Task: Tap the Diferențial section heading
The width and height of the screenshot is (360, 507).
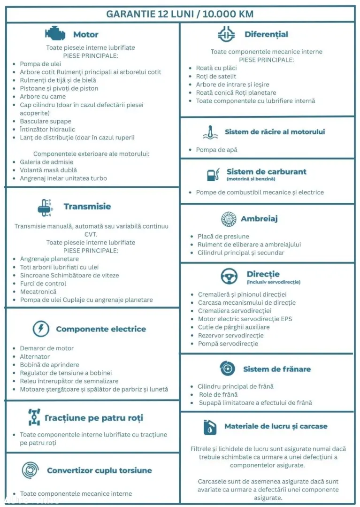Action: pyautogui.click(x=266, y=34)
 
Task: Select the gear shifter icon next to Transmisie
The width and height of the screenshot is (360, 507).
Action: pyautogui.click(x=45, y=207)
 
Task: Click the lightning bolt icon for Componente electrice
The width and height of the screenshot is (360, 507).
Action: pyautogui.click(x=41, y=329)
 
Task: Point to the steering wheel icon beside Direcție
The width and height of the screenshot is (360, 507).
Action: pyautogui.click(x=229, y=277)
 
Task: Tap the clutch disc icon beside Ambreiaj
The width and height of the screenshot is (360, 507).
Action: pyautogui.click(x=228, y=219)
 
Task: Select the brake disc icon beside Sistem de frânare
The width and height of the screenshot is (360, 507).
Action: pyautogui.click(x=227, y=369)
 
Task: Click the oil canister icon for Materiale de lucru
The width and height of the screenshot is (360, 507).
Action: pyautogui.click(x=210, y=427)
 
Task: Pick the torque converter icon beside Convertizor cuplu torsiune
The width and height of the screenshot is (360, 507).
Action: pyautogui.click(x=31, y=470)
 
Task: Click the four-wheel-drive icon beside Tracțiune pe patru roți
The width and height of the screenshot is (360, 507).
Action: pyautogui.click(x=34, y=417)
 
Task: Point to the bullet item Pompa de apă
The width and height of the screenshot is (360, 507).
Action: pyautogui.click(x=216, y=150)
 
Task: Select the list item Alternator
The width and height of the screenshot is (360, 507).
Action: pyautogui.click(x=35, y=357)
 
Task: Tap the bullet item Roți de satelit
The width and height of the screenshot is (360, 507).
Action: pyautogui.click(x=216, y=77)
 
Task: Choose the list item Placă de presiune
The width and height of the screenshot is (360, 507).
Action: pyautogui.click(x=223, y=237)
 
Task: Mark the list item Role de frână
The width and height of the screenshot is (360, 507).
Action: pyautogui.click(x=218, y=395)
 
